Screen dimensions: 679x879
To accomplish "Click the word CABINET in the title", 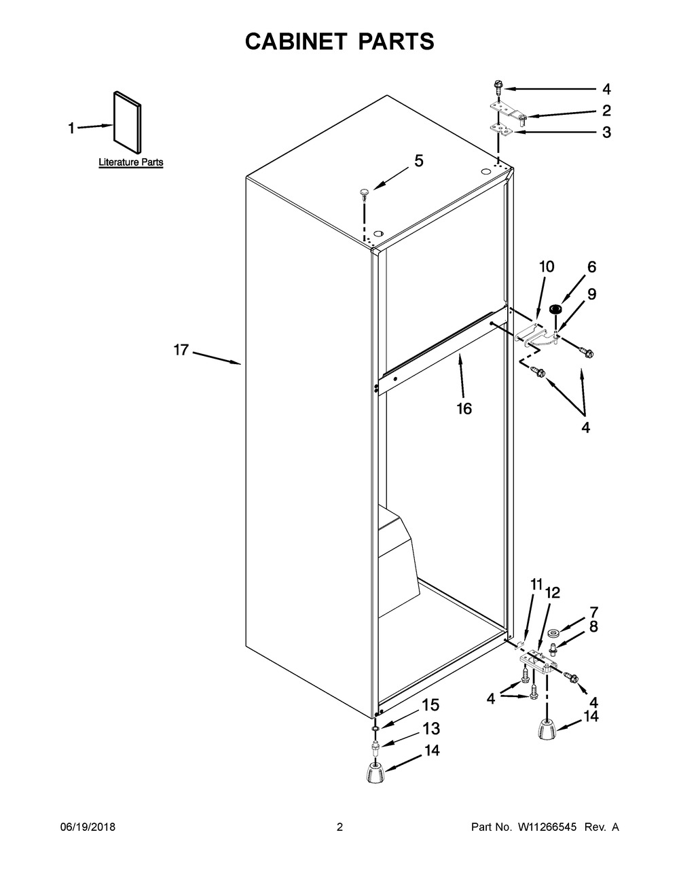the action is click(x=296, y=41).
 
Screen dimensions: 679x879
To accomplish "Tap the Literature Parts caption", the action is click(x=131, y=162).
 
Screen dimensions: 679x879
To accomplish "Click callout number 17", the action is click(x=181, y=350).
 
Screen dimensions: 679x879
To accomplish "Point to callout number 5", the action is click(x=419, y=161).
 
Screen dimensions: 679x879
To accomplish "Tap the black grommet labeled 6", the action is click(x=556, y=309).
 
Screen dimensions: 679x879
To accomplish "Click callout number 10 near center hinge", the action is click(x=547, y=266).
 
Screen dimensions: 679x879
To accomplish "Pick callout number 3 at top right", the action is click(x=606, y=132).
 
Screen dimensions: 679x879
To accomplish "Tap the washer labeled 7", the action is click(x=553, y=632).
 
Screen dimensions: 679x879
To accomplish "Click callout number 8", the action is click(x=593, y=626).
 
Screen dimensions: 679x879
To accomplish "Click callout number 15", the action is click(x=431, y=704).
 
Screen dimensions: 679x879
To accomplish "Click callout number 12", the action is click(x=553, y=593).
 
